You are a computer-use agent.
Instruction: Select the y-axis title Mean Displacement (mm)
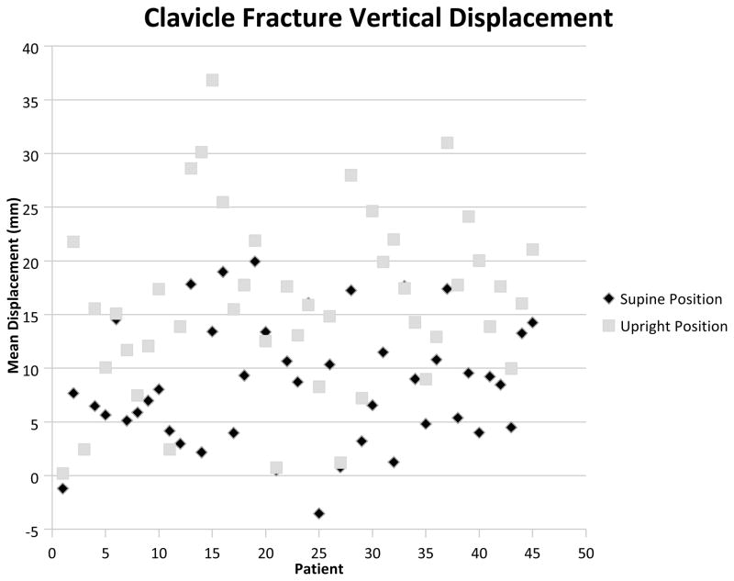(15, 288)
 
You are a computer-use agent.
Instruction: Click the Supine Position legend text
(669, 299)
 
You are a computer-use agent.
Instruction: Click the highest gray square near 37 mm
(212, 80)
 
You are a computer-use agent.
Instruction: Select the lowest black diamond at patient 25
(318, 513)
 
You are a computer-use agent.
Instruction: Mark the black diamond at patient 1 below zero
(62, 488)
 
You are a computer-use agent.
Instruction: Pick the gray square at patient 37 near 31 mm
(447, 142)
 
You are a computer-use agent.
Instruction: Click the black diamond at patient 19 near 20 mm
(254, 262)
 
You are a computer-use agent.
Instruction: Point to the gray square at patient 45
(532, 250)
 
